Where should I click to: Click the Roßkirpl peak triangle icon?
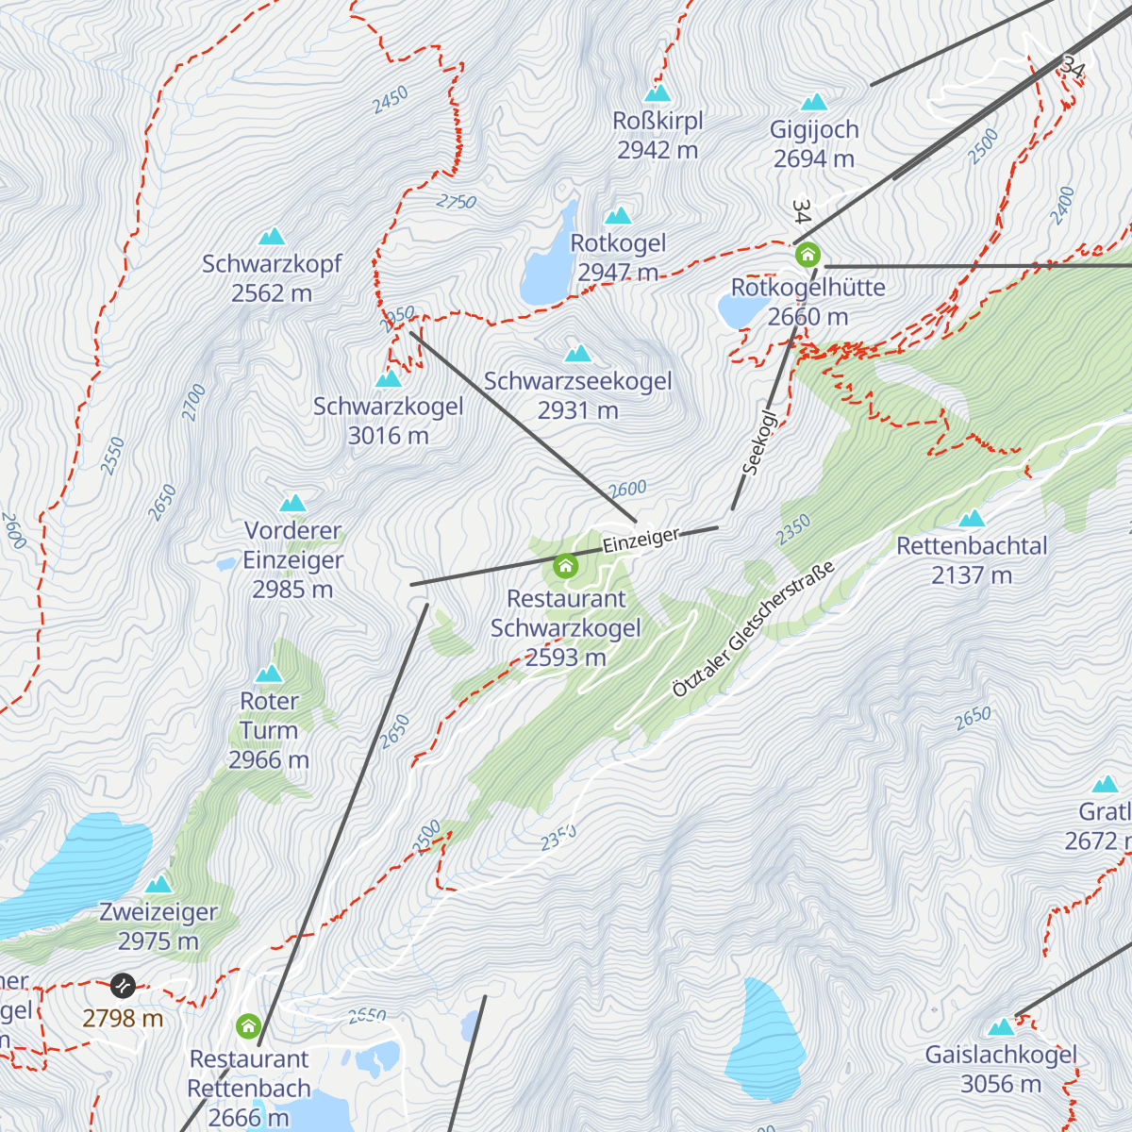(658, 93)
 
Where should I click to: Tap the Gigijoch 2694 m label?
(814, 144)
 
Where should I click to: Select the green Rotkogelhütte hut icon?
(807, 255)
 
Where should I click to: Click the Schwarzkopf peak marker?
(272, 236)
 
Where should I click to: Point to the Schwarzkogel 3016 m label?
(388, 421)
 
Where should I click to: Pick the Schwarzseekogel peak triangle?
(577, 354)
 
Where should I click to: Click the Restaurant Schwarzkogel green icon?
(565, 566)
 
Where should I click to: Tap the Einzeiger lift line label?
(641, 541)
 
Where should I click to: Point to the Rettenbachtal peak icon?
(972, 519)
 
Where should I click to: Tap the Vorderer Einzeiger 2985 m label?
(292, 559)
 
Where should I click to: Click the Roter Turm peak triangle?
(270, 674)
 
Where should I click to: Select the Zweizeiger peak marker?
(158, 885)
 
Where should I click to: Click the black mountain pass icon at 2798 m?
(123, 986)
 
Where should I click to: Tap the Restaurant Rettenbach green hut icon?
(248, 1025)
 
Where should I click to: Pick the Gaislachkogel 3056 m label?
(1001, 1069)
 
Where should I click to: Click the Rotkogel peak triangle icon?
(618, 216)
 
